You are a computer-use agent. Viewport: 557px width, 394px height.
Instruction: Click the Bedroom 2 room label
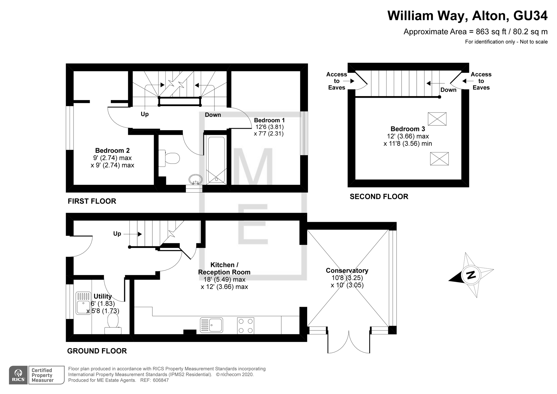[113, 150]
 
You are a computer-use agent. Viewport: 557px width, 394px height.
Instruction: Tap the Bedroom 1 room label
[269, 120]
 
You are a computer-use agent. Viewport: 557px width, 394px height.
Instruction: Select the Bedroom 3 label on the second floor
[408, 129]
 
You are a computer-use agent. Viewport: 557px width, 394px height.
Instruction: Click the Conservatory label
[347, 270]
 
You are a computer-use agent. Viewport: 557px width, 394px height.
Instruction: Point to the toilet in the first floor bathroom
[169, 158]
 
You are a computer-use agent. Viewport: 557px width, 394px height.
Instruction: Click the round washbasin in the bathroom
[196, 179]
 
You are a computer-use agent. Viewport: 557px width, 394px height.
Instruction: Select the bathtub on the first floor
[216, 160]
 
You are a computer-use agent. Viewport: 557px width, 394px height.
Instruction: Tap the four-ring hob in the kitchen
[246, 325]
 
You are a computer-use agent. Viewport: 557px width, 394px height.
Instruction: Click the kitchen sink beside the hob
[211, 325]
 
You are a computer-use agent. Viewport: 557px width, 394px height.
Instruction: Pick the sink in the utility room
[84, 303]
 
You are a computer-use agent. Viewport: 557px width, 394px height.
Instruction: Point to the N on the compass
[471, 275]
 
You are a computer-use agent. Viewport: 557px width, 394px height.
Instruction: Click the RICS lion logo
[18, 375]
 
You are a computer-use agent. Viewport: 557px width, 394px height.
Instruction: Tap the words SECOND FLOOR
[379, 196]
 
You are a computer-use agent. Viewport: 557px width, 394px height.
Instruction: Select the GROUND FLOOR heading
[97, 351]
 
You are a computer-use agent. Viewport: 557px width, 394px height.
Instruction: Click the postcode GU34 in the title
[530, 16]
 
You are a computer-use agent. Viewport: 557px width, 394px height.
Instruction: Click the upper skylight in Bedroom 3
[437, 119]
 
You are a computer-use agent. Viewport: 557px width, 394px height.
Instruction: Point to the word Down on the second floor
[448, 90]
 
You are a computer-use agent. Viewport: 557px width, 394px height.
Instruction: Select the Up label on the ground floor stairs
[117, 234]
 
